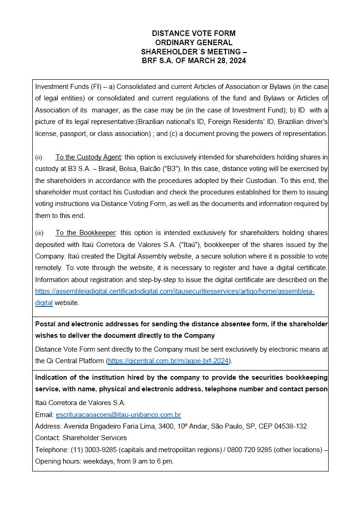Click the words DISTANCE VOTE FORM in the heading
pyautogui.click(x=194, y=33)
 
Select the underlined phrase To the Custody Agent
pyautogui.click(x=88, y=157)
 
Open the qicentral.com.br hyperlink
pyautogui.click(x=168, y=360)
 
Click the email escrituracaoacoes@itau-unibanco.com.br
pyautogui.click(x=118, y=415)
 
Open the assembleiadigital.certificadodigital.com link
pyautogui.click(x=175, y=291)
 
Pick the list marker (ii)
pyautogui.click(x=38, y=157)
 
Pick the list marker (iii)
pyautogui.click(x=39, y=233)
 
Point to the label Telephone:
pyautogui.click(x=52, y=449)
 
